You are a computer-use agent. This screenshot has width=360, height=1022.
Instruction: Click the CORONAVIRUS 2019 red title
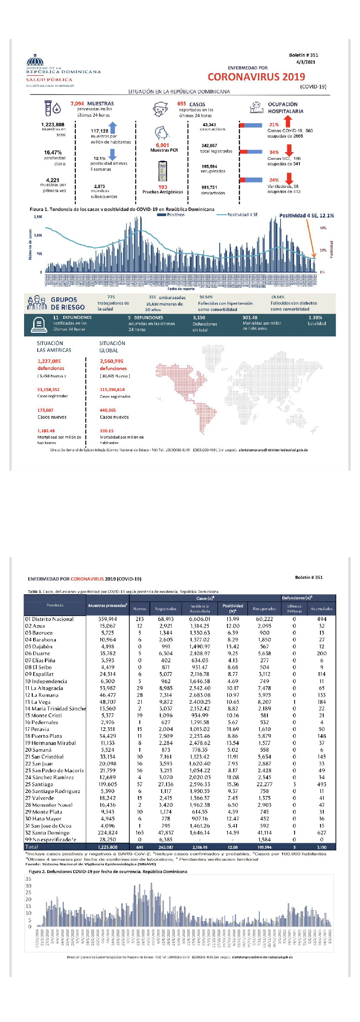click(x=256, y=77)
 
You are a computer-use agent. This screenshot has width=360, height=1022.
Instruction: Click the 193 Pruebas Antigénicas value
click(x=163, y=187)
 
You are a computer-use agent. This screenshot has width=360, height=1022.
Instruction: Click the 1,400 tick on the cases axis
click(x=38, y=235)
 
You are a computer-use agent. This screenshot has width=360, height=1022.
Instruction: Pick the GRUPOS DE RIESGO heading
click(x=67, y=303)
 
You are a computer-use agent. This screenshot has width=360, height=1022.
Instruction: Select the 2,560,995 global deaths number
click(x=112, y=361)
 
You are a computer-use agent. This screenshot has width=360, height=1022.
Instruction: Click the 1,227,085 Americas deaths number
click(x=49, y=361)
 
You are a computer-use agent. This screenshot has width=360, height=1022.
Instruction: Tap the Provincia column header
click(x=55, y=605)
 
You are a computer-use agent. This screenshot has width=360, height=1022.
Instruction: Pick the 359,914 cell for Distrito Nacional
click(x=108, y=619)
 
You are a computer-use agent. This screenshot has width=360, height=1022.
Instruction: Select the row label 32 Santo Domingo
click(x=48, y=833)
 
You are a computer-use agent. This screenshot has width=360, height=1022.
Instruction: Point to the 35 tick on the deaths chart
click(x=29, y=879)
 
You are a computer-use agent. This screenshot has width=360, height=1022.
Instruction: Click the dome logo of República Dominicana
click(x=35, y=60)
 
